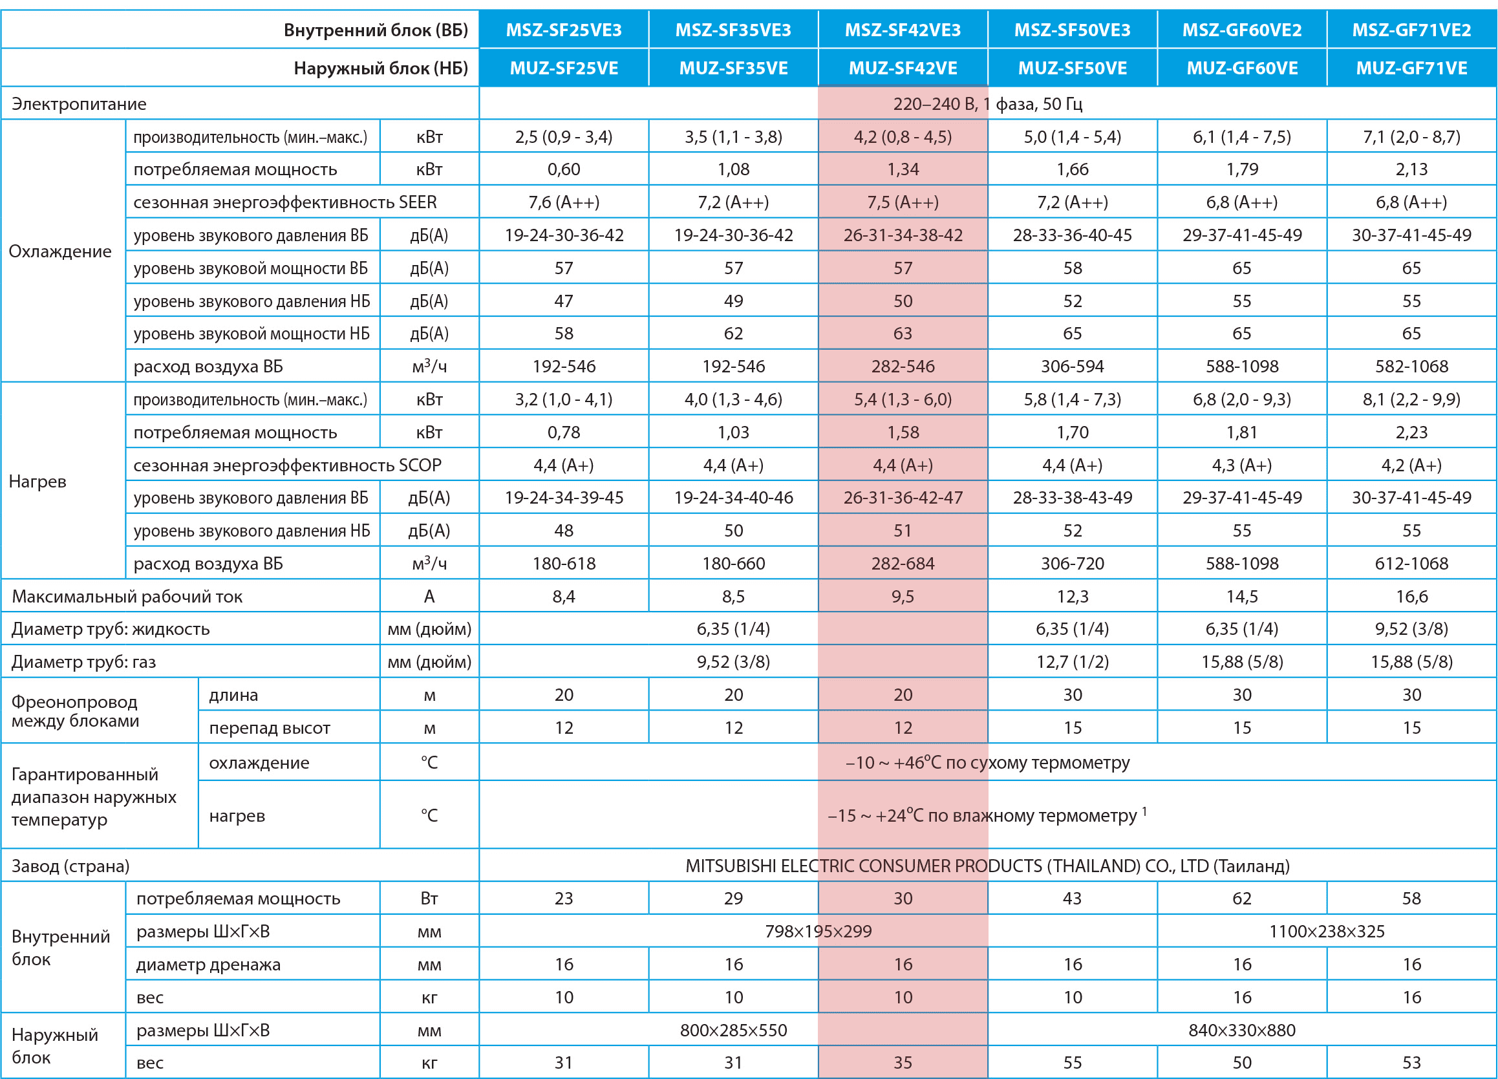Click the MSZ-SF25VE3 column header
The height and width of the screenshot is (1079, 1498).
tap(563, 30)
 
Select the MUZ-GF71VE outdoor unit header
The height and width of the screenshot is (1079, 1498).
tap(1411, 68)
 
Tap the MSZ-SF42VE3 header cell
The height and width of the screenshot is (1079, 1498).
tap(903, 30)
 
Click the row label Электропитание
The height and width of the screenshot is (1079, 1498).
tap(80, 103)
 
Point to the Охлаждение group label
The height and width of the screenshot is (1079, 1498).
tap(60, 251)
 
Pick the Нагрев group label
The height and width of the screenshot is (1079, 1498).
tap(37, 481)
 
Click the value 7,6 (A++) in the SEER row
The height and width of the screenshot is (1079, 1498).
tap(563, 202)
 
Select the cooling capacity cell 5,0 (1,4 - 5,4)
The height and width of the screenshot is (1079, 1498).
tap(1072, 136)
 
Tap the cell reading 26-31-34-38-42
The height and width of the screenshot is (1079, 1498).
tap(903, 235)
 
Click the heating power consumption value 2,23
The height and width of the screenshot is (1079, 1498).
tap(1411, 432)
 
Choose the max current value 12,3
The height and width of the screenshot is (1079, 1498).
tap(1072, 596)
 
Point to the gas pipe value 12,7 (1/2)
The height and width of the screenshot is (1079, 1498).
tap(1072, 661)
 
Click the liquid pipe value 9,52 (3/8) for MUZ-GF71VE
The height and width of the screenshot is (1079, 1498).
tap(1411, 628)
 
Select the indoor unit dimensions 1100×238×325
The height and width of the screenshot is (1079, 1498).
tap(1326, 931)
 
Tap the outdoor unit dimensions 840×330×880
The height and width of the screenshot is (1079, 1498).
tap(1242, 1030)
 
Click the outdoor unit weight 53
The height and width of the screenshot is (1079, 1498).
tap(1411, 1062)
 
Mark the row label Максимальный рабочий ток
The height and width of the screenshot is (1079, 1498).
tap(127, 596)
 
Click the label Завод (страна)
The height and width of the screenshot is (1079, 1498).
tap(70, 866)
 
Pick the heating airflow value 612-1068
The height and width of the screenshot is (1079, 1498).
tap(1411, 563)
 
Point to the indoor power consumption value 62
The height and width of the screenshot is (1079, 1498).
tap(1242, 898)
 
